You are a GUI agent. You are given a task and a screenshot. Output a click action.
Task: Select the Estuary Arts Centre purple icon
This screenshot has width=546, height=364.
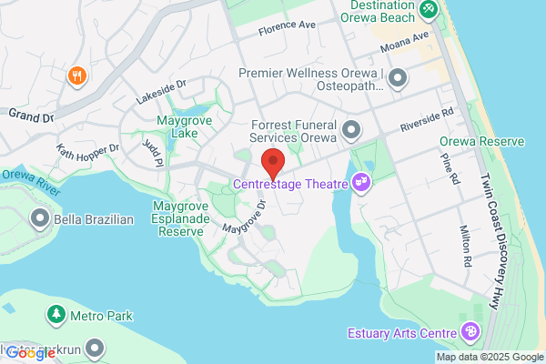[470, 331]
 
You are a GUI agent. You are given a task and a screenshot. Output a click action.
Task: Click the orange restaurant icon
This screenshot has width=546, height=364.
[76, 76]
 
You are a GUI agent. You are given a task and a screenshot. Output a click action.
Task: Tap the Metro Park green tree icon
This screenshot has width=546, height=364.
[56, 315]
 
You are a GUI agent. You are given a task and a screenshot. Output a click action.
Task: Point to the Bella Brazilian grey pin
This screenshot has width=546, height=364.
[40, 219]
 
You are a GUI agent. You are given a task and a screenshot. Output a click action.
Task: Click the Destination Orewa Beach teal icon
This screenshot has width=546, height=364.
[430, 12]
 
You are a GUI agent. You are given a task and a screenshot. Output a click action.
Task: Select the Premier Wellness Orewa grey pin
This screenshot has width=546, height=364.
[397, 80]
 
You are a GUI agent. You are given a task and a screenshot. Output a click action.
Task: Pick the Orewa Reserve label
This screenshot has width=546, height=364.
[481, 142]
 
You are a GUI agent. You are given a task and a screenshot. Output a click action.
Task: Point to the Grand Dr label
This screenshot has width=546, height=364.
[31, 116]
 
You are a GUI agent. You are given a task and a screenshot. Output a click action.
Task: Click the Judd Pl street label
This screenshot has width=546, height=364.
[150, 145]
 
